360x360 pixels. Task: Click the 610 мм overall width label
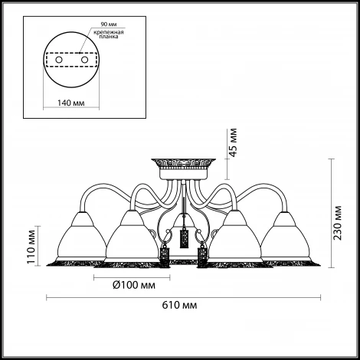(179, 305)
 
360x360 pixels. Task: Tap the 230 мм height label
(338, 222)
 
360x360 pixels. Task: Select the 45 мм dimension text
(233, 142)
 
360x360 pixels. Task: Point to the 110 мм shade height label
(31, 247)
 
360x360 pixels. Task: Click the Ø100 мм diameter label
(134, 285)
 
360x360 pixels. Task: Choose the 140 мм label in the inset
(70, 103)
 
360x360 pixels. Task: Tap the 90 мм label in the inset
(109, 25)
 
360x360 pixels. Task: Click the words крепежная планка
(109, 34)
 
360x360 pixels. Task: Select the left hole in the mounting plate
(59, 60)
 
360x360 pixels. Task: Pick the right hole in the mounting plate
(84, 60)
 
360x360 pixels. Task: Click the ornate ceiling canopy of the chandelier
(183, 169)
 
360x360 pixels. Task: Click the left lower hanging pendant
(165, 254)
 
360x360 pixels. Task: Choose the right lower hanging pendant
(202, 254)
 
